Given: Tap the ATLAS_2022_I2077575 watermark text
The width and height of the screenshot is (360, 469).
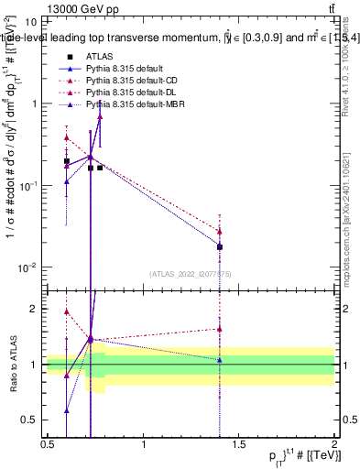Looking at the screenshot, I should [x=191, y=273].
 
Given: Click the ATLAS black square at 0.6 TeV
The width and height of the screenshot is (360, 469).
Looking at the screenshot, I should [x=67, y=161].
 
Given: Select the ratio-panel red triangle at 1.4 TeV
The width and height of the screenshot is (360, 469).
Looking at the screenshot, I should [x=220, y=329].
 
